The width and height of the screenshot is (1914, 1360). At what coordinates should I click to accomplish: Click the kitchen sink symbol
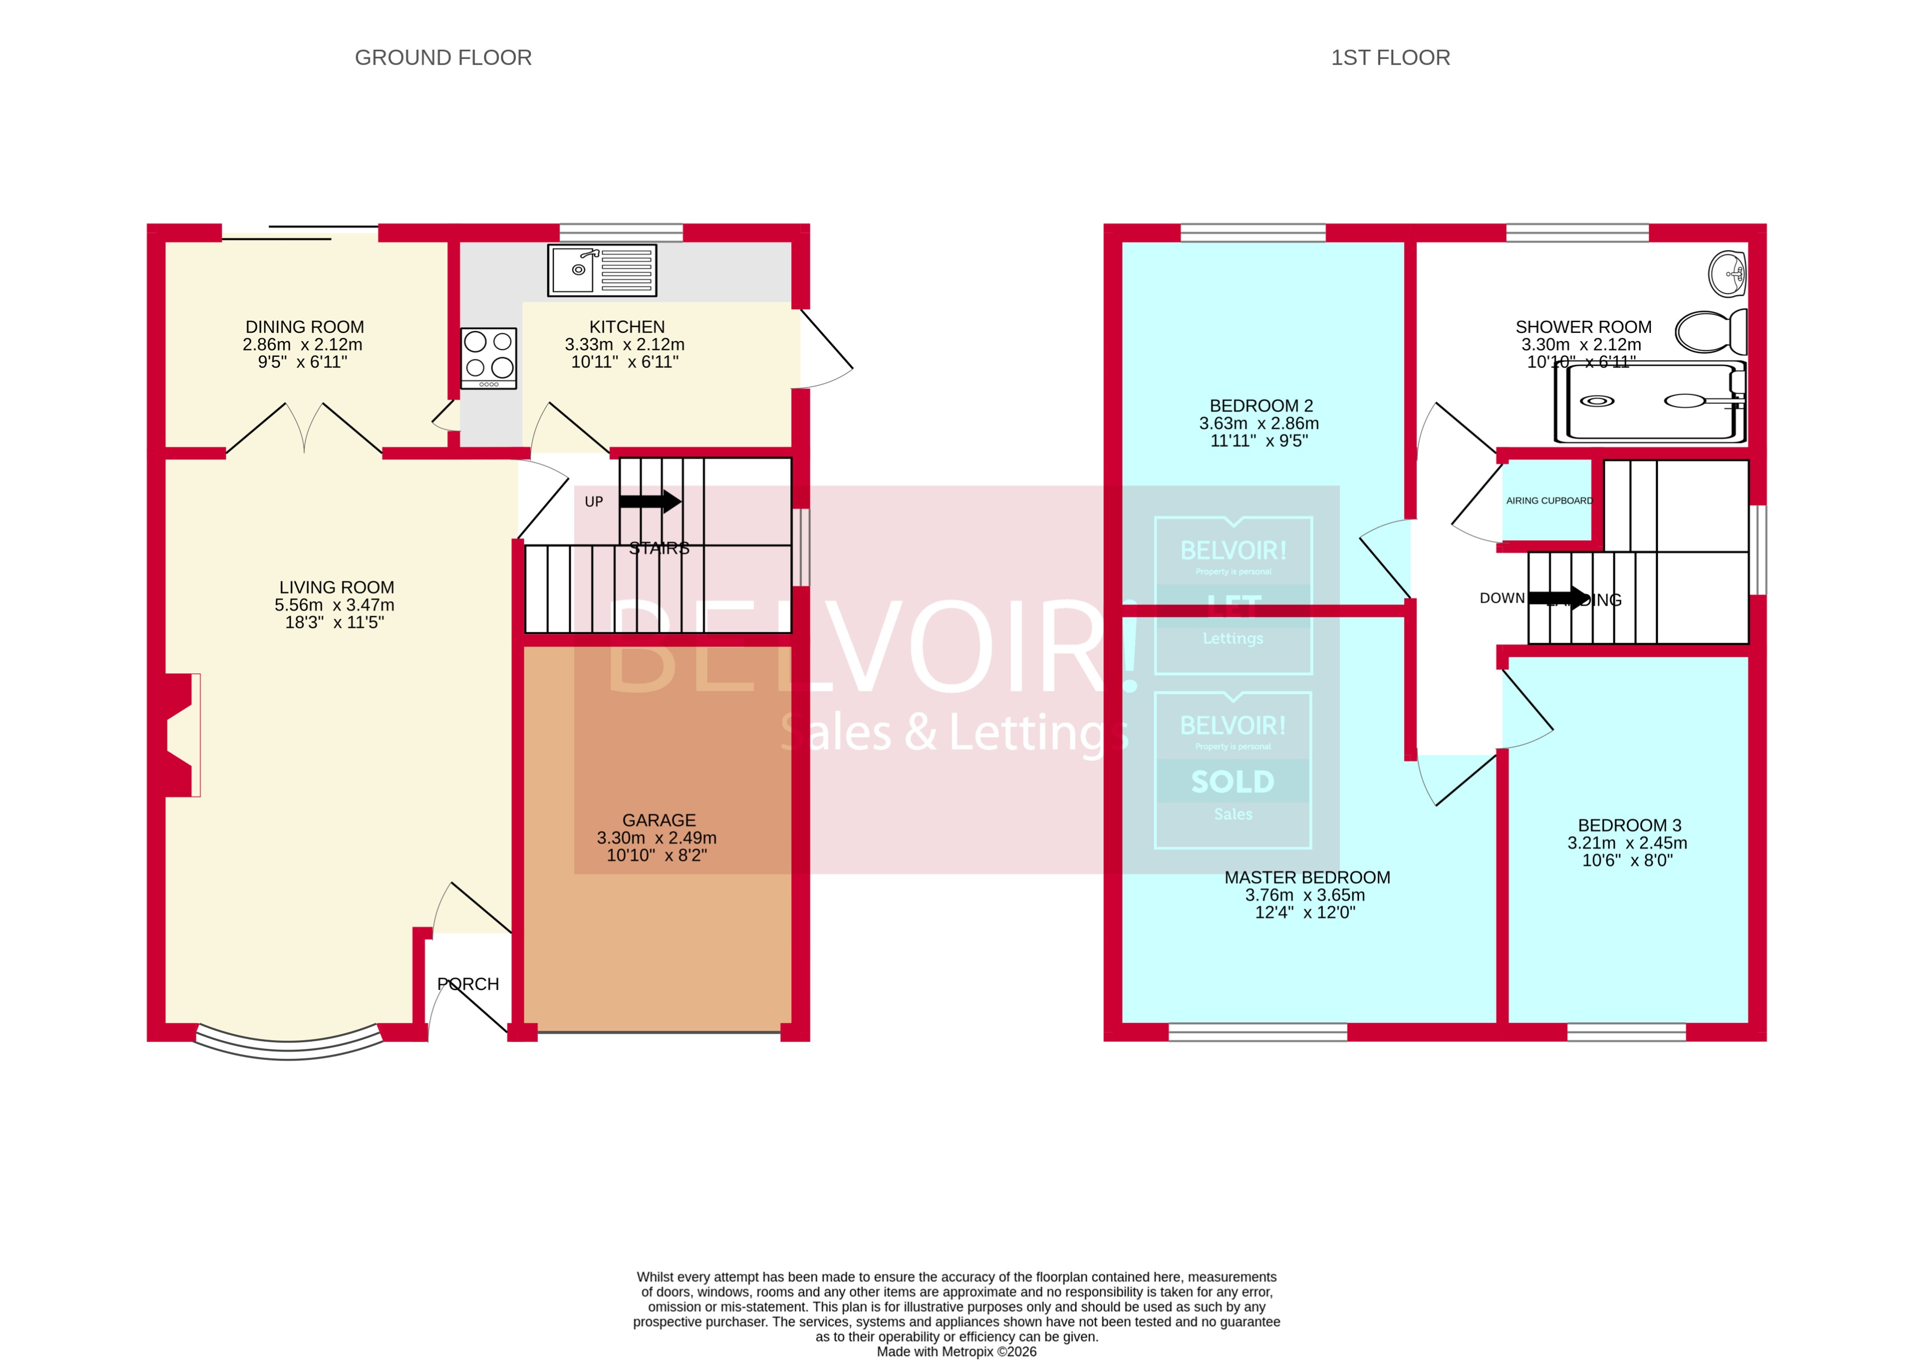(602, 269)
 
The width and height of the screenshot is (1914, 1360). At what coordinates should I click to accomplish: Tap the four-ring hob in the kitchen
(488, 357)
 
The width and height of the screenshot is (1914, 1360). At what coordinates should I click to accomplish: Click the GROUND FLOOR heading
(443, 58)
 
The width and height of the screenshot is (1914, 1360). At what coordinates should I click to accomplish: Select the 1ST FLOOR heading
(1391, 58)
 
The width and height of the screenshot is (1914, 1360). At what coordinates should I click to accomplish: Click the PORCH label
(468, 984)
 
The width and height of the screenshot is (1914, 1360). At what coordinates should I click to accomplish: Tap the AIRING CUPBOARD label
(1549, 501)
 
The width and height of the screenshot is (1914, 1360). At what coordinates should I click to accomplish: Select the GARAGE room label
(658, 820)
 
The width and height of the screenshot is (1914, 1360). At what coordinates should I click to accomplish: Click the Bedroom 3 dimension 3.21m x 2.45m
(1627, 842)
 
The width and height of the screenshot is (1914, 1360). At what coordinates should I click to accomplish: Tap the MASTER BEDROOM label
(1306, 877)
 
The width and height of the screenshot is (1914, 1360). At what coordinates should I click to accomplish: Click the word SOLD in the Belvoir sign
(1232, 781)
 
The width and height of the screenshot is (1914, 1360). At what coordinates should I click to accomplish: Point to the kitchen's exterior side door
(825, 348)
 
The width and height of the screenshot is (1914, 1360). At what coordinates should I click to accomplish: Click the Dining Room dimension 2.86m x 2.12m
(302, 344)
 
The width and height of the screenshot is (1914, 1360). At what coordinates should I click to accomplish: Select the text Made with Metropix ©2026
(956, 1351)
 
